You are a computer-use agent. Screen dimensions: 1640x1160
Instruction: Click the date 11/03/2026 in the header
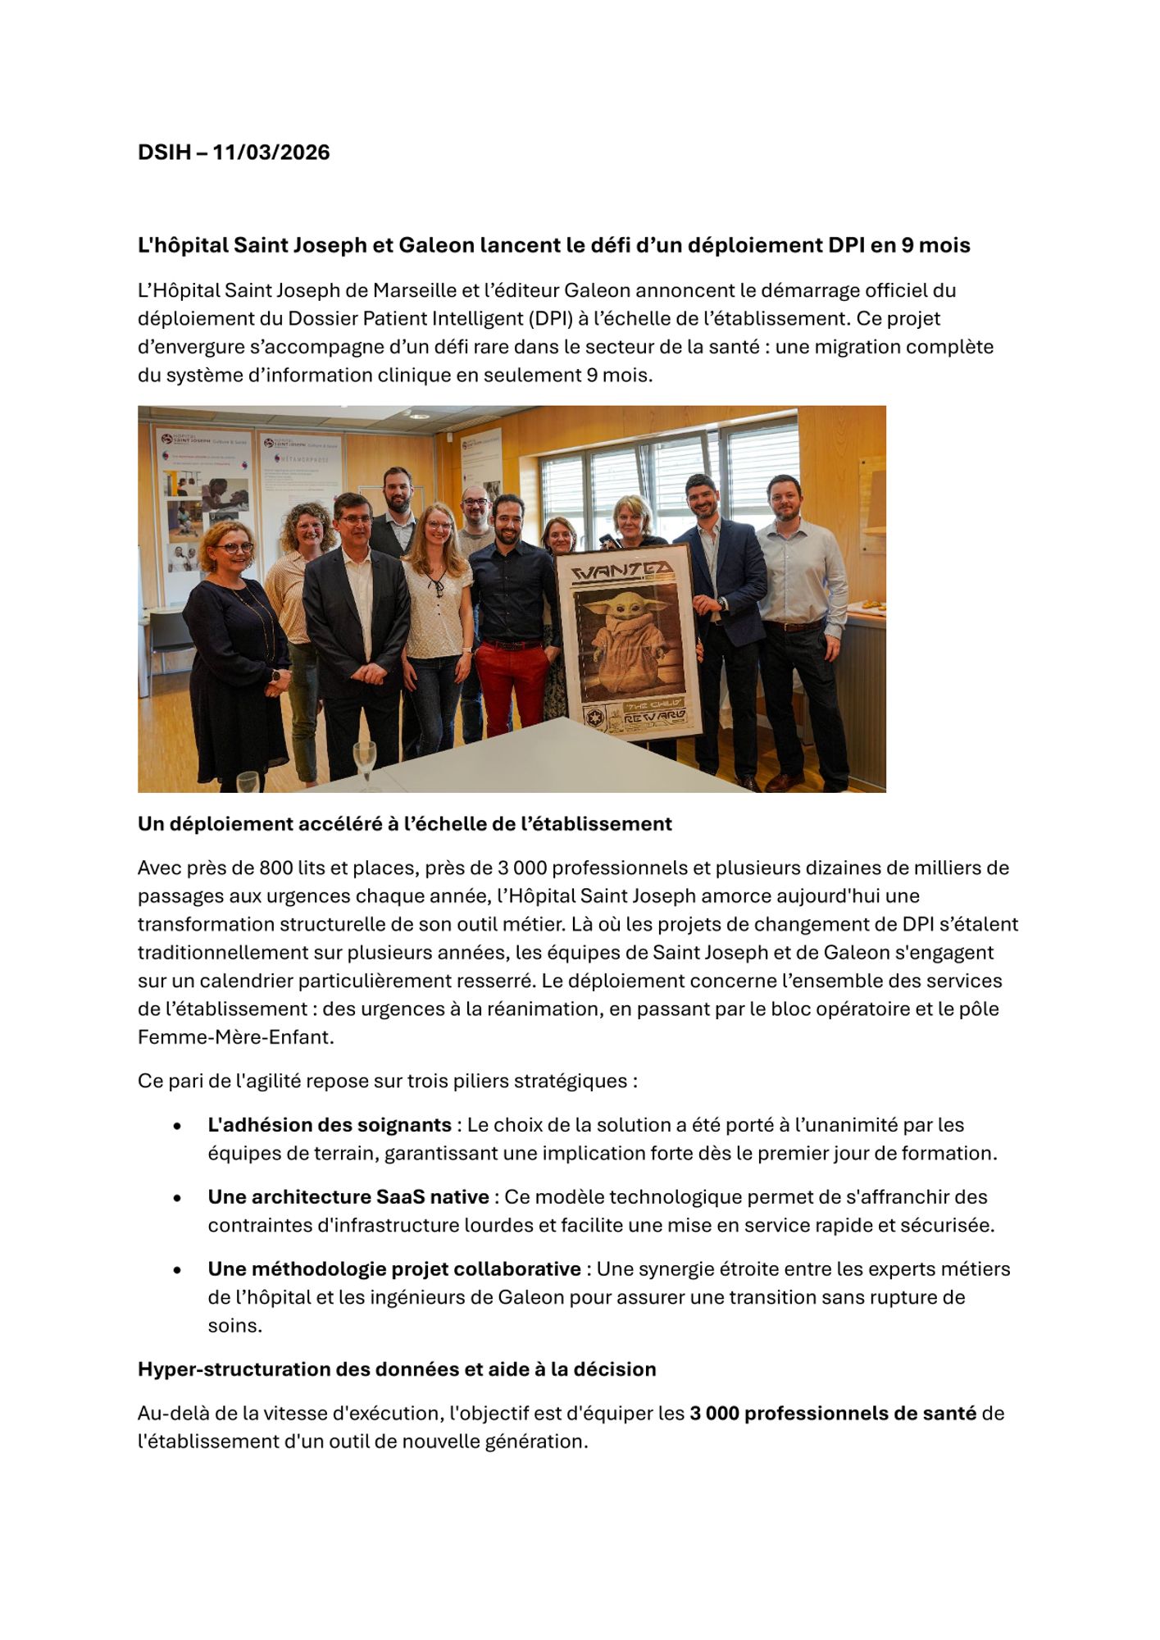tap(271, 153)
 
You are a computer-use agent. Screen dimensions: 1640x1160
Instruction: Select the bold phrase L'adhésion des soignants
tap(330, 1125)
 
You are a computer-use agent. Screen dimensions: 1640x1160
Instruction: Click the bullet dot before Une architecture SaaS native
tap(177, 1198)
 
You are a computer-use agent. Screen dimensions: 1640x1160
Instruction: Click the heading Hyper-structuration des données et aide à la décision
tap(397, 1369)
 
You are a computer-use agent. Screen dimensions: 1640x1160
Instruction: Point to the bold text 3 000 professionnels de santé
tap(832, 1414)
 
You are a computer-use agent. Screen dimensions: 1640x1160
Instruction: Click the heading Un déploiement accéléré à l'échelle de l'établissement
tap(405, 824)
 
